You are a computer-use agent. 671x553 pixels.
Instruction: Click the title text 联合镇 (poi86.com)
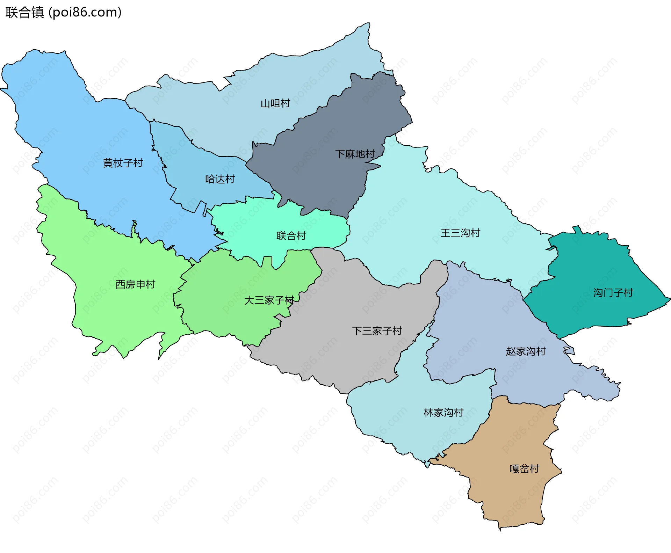63,12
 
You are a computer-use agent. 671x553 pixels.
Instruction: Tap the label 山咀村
275,103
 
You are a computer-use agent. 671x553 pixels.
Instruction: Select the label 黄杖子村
123,163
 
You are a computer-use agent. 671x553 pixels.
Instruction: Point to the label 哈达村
220,179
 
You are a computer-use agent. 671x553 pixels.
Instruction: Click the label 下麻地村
355,154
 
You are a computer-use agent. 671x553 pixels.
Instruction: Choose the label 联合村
291,236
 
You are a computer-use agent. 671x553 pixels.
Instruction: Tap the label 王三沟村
460,233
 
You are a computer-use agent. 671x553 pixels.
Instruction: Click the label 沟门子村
613,293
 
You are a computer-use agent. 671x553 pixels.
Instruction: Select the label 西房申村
135,284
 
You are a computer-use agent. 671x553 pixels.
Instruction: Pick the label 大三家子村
269,300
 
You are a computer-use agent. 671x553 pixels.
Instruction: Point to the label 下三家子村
377,331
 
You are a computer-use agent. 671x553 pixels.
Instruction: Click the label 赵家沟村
526,351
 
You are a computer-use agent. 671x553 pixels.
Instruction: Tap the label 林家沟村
443,413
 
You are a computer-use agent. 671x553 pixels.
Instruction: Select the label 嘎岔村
524,469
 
